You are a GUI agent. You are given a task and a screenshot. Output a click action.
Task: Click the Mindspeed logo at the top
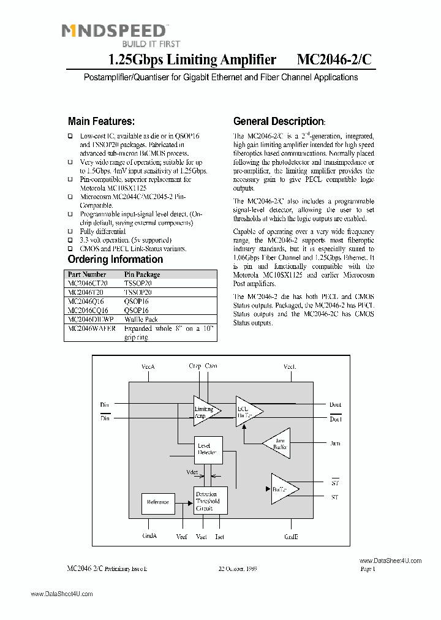pos(114,34)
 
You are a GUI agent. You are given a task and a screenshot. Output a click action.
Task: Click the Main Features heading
pos(101,121)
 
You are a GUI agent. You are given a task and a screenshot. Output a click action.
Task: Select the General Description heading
pos(278,121)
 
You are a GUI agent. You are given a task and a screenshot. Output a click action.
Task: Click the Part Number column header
pos(87,274)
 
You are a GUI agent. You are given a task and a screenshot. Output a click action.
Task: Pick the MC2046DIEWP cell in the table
pos(91,319)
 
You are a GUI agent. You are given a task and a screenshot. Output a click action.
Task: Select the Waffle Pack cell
pos(141,319)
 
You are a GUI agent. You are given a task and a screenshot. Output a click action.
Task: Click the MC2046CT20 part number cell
pos(88,284)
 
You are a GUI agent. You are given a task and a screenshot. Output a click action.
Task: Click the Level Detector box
pos(207,449)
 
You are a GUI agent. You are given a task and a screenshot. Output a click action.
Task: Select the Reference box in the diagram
pos(157,502)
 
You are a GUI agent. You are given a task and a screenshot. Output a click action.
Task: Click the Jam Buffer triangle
pos(277,444)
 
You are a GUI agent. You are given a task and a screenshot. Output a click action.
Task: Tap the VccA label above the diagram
pos(148,366)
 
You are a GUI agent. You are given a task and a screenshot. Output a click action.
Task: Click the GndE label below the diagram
pos(291,536)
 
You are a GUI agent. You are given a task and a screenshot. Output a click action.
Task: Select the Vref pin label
pos(182,537)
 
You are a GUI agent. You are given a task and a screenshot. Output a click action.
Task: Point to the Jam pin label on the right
pos(335,443)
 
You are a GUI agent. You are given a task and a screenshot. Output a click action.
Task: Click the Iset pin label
pos(220,537)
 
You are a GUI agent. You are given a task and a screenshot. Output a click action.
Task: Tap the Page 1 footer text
pos(367,569)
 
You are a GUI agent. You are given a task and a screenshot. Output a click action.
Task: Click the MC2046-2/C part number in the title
pos(334,59)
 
